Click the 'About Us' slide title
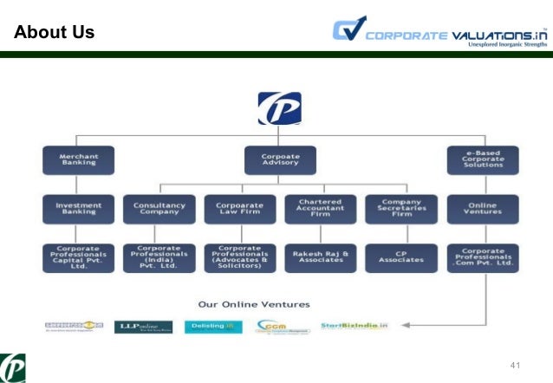pos(54,34)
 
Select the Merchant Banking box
pos(78,160)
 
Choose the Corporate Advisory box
pos(280,160)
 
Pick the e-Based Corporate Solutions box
pos(483,160)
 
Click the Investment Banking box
pos(78,209)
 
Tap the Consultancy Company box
pos(159,209)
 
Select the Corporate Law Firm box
pos(239,209)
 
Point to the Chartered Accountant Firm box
pos(321,209)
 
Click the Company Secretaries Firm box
pos(401,209)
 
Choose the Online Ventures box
pos(483,209)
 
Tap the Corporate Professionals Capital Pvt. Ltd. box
pos(78,257)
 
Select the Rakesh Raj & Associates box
pos(321,257)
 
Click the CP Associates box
pos(401,257)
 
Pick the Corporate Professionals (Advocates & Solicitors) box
pos(239,257)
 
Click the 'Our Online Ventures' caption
pos(254,305)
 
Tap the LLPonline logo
pos(142,327)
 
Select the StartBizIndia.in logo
pos(355,326)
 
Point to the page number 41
pos(517,364)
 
